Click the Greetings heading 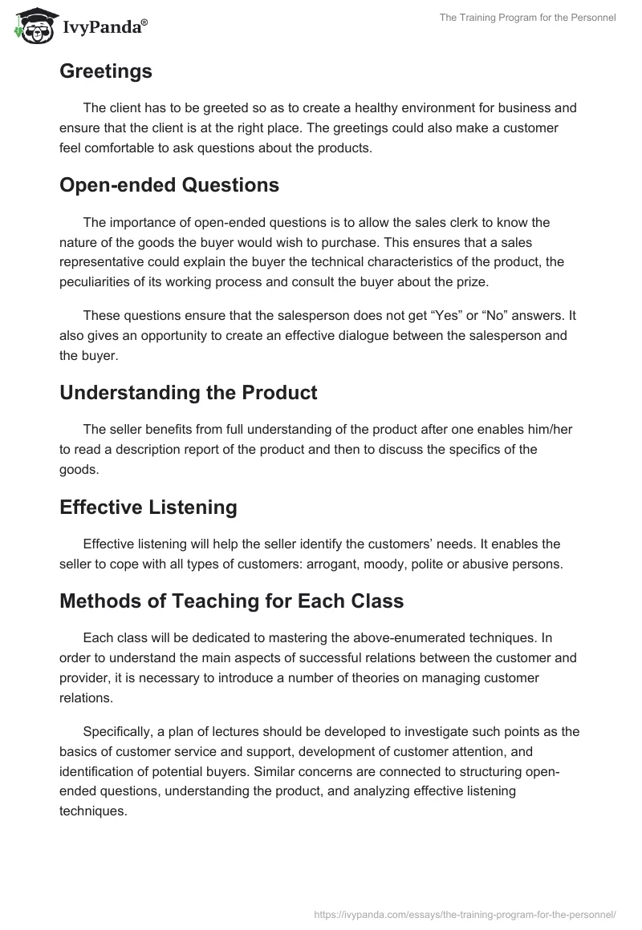coord(105,71)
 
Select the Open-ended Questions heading coord(169,185)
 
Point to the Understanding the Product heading coord(188,393)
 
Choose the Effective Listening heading coord(148,507)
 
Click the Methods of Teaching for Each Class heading coord(231,600)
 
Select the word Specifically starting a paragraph coord(120,732)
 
